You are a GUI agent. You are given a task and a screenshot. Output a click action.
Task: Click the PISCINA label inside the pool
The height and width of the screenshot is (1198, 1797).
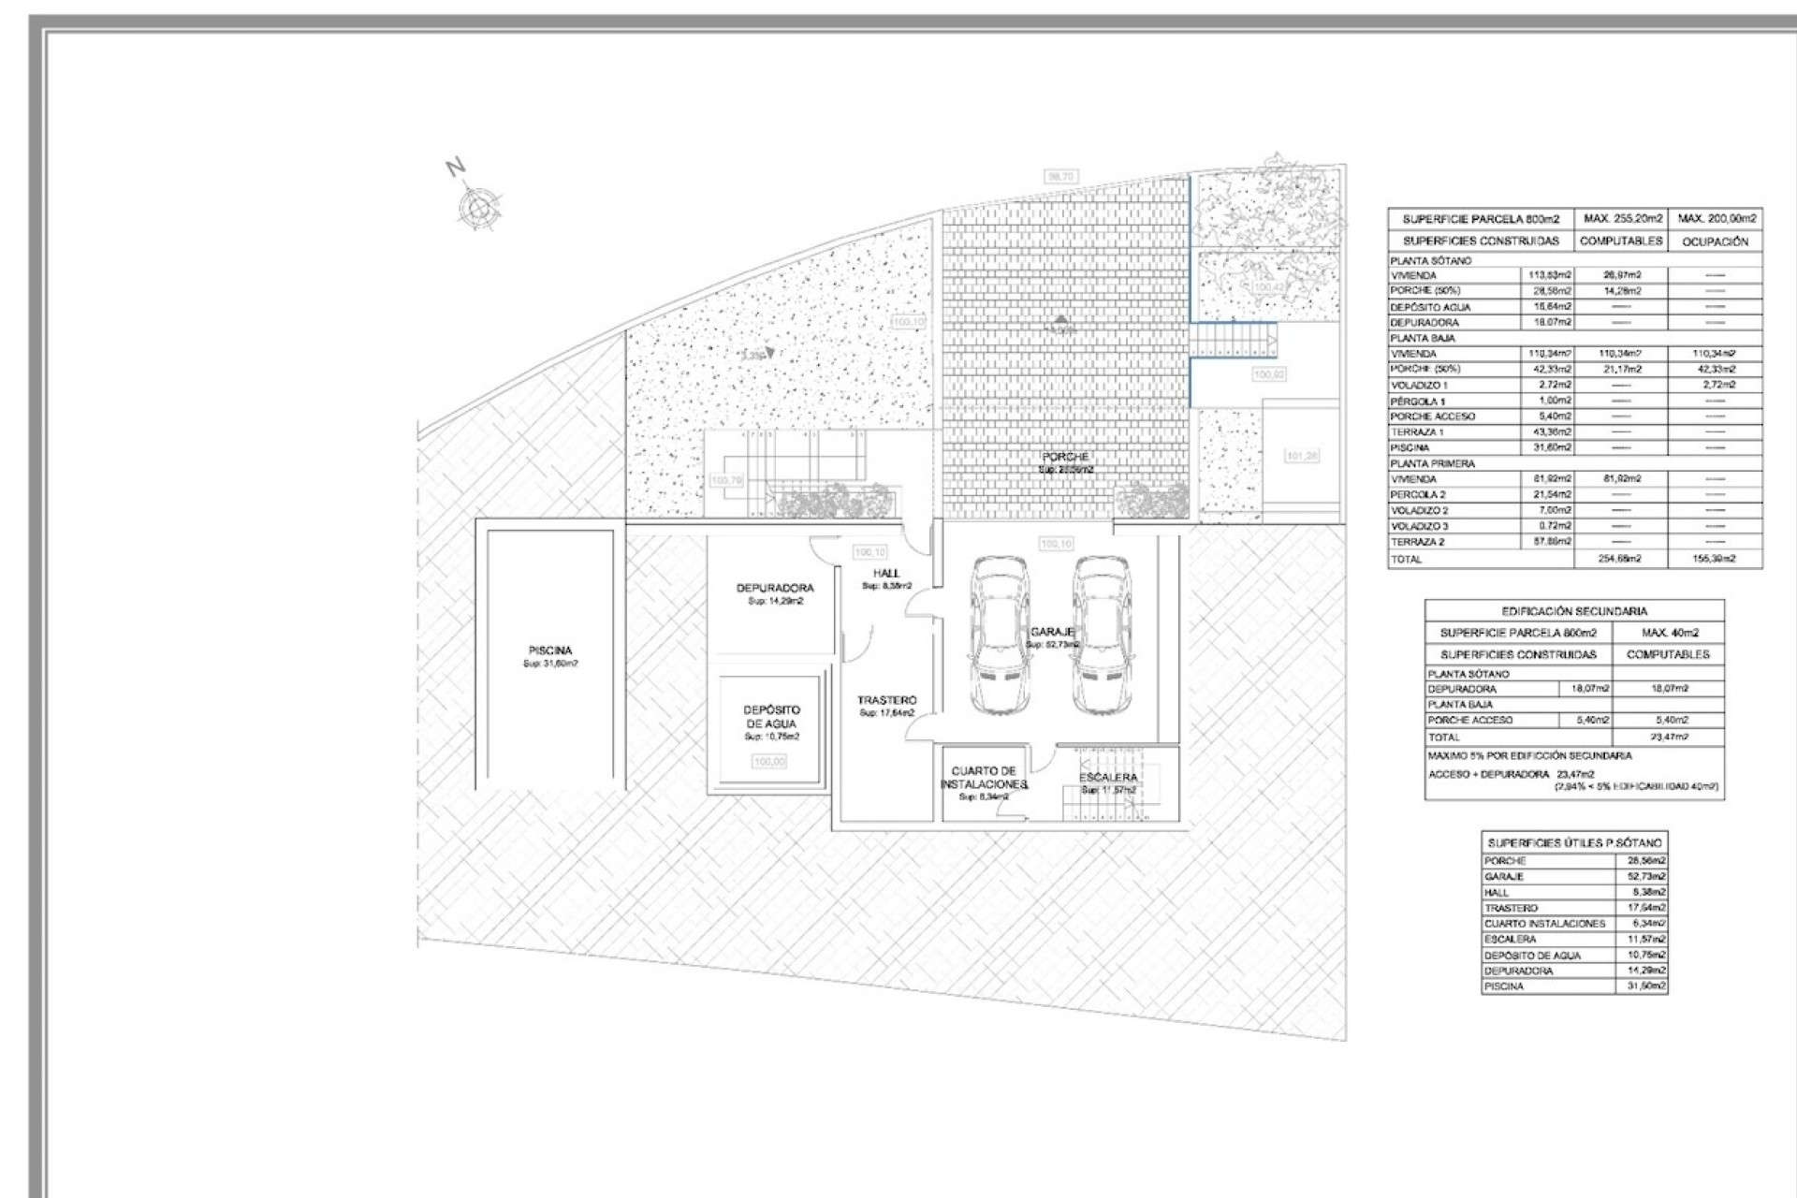[x=550, y=650]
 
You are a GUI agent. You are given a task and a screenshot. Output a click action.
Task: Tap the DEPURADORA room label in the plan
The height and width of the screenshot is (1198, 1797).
[x=775, y=589]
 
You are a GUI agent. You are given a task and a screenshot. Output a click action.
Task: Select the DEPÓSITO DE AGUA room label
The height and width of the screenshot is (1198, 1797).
[x=772, y=717]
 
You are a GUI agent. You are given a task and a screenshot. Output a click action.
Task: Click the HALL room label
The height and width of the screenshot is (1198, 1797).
[x=886, y=574]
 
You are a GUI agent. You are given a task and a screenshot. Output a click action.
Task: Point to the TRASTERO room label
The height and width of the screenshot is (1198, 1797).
[x=887, y=700]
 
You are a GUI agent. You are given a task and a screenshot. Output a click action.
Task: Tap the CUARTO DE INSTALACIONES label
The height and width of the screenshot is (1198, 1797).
[x=984, y=777]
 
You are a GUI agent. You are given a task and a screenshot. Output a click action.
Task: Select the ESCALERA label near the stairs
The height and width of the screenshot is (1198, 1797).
[x=1108, y=778]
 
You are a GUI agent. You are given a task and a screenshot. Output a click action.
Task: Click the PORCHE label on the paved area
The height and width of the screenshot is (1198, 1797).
[x=1065, y=457]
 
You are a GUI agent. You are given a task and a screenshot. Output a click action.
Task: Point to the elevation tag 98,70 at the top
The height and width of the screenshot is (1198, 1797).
[x=1061, y=176]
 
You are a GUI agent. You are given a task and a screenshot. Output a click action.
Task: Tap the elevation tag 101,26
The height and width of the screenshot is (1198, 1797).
[x=1302, y=456]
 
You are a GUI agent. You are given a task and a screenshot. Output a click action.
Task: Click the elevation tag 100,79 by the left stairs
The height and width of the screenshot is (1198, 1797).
[x=726, y=480]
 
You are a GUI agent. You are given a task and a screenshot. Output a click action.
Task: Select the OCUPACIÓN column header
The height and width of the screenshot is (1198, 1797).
[x=1715, y=241]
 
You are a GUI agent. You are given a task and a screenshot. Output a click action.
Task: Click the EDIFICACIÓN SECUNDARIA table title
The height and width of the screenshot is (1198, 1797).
[x=1574, y=611]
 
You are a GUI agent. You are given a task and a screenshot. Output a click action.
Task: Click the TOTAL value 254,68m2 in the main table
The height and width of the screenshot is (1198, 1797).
[x=1620, y=559]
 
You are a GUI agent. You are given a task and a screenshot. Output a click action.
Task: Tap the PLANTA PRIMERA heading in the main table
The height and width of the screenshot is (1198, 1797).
[x=1432, y=463]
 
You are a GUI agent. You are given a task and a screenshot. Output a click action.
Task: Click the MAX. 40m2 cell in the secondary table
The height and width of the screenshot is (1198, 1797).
[x=1669, y=633]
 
